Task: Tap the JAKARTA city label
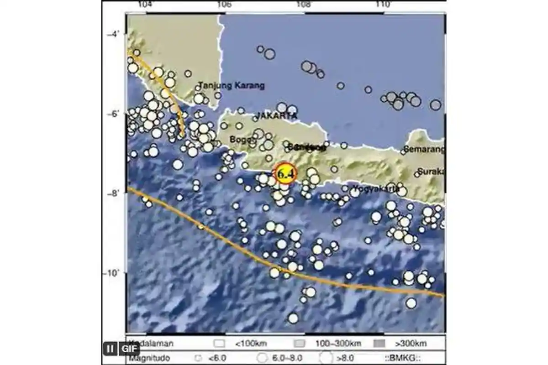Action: click(276, 116)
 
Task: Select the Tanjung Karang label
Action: click(232, 85)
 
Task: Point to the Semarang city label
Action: click(424, 149)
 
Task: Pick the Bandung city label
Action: click(306, 147)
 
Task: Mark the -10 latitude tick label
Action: click(112, 273)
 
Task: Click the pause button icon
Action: click(110, 349)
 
